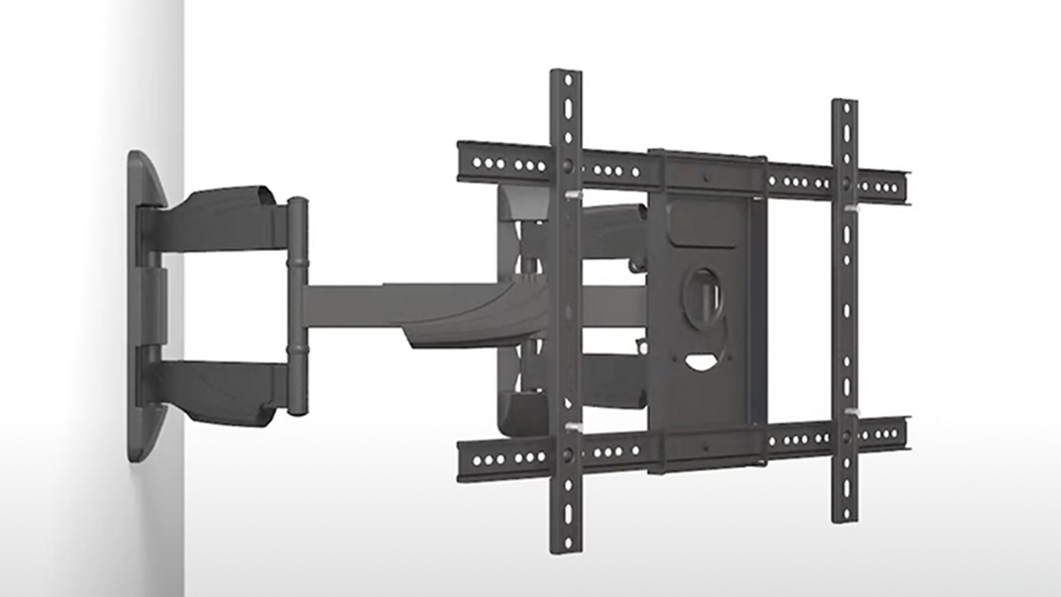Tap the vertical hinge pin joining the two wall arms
click(x=297, y=305)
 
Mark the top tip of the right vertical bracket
click(x=844, y=104)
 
